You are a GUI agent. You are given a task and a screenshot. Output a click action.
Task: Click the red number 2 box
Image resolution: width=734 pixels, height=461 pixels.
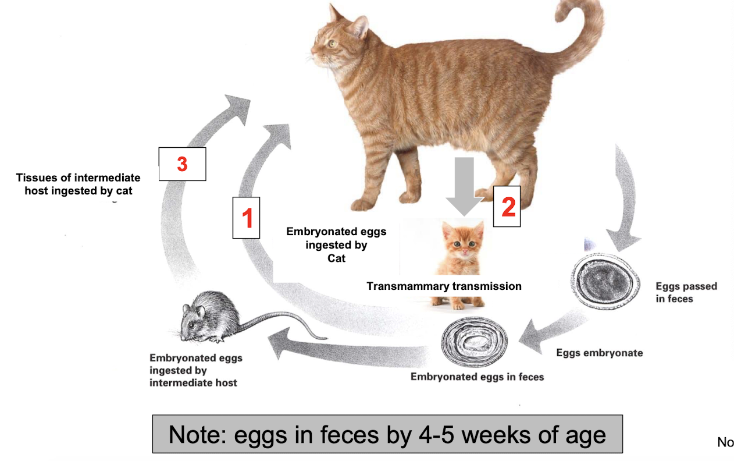point(507,207)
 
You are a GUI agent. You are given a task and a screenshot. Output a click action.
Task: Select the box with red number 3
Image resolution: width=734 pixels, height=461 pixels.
point(182,164)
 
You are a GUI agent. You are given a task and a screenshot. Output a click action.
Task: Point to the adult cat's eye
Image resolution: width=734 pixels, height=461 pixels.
point(331,43)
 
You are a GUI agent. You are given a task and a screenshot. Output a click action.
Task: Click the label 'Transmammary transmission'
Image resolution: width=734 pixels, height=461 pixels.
point(444,286)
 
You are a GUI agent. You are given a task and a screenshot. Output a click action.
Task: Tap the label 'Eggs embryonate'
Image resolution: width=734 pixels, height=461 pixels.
point(599,353)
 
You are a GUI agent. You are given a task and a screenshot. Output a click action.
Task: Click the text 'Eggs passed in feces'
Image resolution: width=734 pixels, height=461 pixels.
point(686,292)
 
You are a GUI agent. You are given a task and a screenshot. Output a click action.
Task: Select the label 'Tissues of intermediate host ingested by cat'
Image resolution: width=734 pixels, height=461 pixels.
point(79,184)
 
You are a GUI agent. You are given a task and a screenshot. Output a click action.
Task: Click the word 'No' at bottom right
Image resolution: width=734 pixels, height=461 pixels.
point(725,442)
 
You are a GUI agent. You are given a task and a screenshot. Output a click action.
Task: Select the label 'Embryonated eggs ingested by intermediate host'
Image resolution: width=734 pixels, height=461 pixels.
point(195,370)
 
